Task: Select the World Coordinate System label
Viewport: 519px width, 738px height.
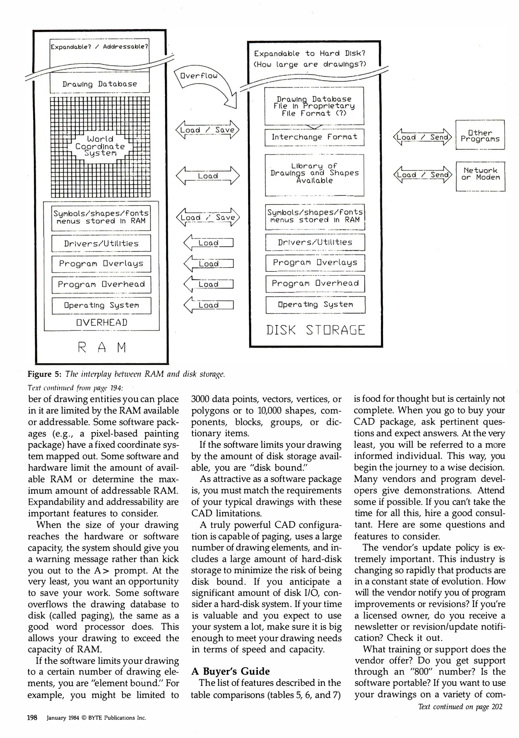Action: point(100,146)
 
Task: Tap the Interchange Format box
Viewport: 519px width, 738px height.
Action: point(314,137)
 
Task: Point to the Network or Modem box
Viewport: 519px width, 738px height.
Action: point(480,174)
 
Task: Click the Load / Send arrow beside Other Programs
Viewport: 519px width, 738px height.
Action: point(422,137)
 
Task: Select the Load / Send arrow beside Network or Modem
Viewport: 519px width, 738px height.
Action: point(422,175)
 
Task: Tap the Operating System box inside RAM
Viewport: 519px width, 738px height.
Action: point(101,305)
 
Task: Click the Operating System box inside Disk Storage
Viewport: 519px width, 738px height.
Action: point(315,304)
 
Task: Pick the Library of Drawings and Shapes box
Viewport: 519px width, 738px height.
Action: point(314,174)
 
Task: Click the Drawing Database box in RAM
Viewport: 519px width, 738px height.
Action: point(99,84)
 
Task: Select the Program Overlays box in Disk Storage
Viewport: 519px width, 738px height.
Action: point(315,263)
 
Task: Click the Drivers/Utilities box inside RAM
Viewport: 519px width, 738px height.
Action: point(101,243)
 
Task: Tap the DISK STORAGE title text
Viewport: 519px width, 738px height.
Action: point(315,330)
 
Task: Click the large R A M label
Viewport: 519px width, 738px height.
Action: point(102,347)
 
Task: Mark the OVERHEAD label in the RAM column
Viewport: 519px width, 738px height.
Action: point(102,323)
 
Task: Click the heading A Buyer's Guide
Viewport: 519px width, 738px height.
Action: point(231,671)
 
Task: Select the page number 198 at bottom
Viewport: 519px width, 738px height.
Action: point(32,717)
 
